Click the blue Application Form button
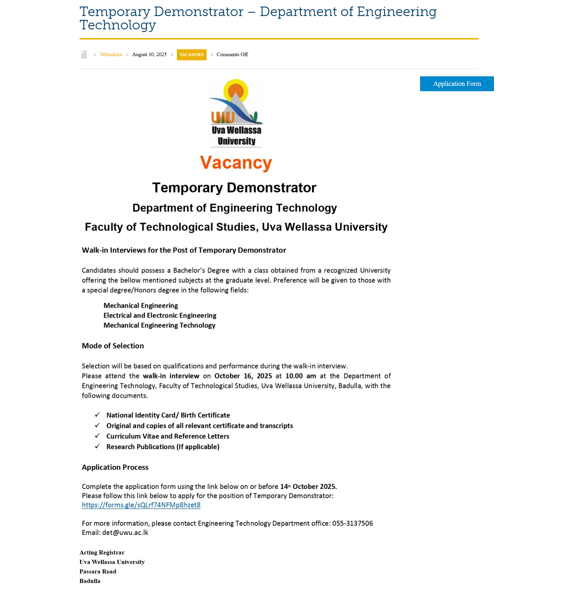[457, 84]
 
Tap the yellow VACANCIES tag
[191, 55]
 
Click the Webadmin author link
[111, 54]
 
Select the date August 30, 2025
[149, 54]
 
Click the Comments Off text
[232, 54]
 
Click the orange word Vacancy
[236, 163]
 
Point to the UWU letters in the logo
[223, 117]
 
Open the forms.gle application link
[141, 505]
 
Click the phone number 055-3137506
[352, 523]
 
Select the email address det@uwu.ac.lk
[125, 533]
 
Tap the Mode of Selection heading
[113, 346]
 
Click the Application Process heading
[115, 467]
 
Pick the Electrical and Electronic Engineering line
[160, 315]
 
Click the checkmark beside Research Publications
[97, 446]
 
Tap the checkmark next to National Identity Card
[97, 415]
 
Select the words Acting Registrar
[102, 552]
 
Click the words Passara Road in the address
[98, 572]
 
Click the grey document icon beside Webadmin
[84, 54]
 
